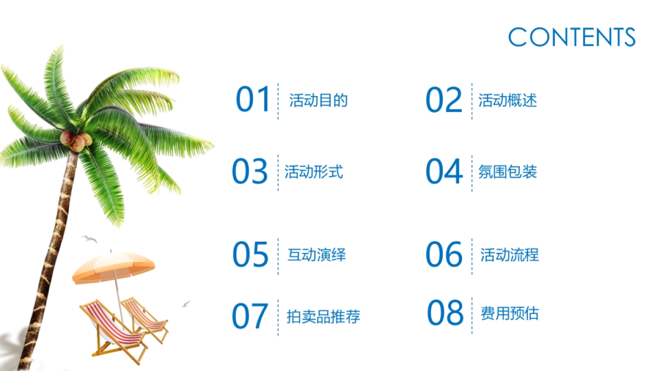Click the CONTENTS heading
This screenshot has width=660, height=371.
coord(572,37)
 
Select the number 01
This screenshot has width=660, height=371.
coord(254,100)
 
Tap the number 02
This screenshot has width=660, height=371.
coord(444,100)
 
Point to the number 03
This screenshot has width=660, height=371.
coord(250,171)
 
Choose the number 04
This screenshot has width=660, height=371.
coord(444,171)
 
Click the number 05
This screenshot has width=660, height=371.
coord(250,254)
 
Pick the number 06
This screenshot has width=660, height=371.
coord(444,254)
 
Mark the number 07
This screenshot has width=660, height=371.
coord(250,316)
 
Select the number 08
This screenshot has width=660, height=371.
coord(445,313)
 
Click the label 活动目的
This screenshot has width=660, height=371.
coord(318,101)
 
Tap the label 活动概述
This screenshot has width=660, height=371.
coord(507,101)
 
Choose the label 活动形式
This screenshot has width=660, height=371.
coord(313,172)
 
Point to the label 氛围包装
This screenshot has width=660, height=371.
coord(507,172)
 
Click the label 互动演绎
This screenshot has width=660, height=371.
coord(317,255)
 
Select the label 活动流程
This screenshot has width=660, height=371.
coord(509,255)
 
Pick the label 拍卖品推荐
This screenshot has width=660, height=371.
coord(323,317)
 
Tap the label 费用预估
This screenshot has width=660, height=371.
coord(509,314)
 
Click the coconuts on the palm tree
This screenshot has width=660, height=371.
coord(76,141)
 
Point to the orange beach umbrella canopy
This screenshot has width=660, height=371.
coord(113,266)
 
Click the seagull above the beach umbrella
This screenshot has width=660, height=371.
coord(90,239)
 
